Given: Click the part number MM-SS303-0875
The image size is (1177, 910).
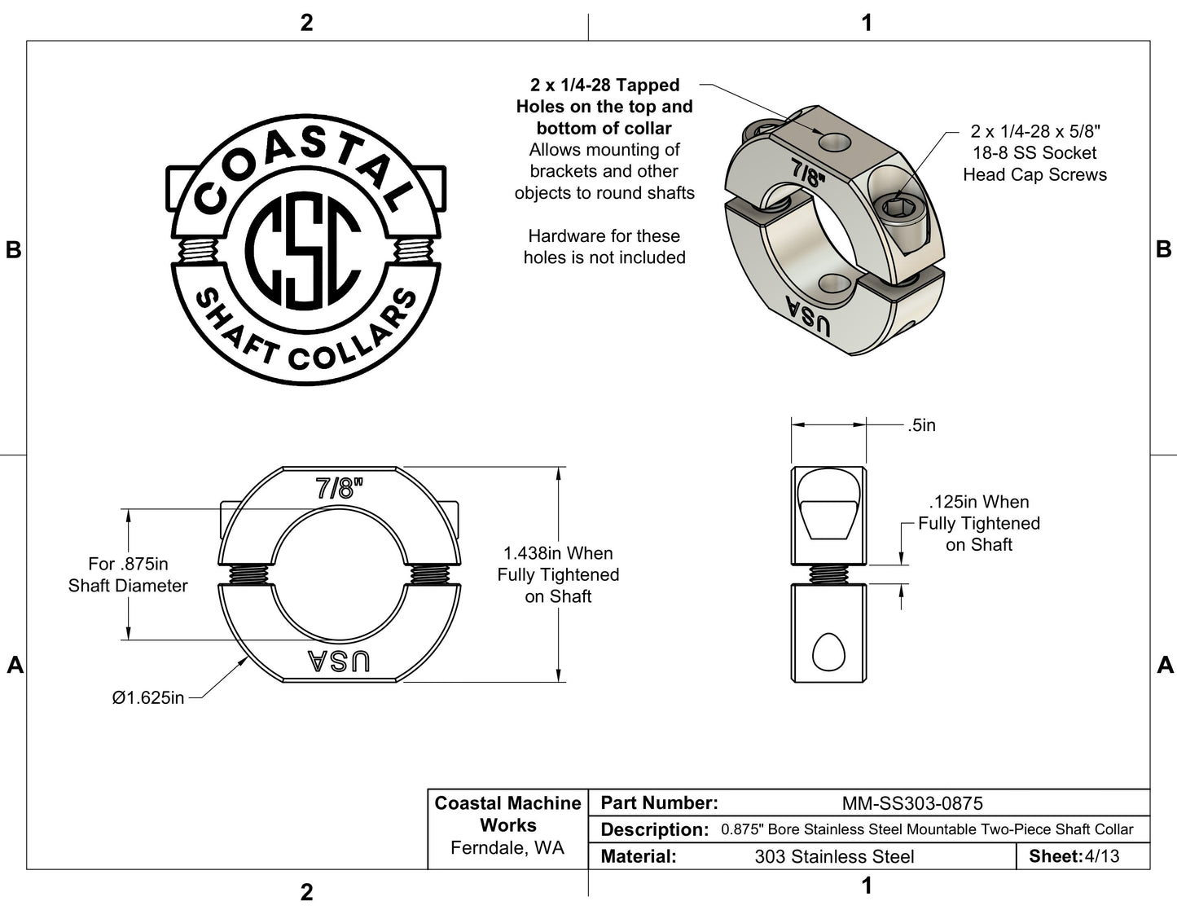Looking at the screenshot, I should click(911, 803).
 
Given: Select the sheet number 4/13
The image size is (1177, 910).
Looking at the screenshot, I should click(1101, 856).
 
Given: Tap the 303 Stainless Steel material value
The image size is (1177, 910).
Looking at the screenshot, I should click(834, 857).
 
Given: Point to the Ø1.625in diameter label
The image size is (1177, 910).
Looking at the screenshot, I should click(147, 697).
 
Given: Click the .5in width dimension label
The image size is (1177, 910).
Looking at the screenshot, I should click(921, 425).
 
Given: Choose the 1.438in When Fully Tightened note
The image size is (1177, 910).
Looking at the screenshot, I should click(558, 574).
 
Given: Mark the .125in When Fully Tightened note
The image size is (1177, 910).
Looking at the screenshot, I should click(978, 523).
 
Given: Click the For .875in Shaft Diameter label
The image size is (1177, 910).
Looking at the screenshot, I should click(128, 574).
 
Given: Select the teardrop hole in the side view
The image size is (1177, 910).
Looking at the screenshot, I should click(828, 650).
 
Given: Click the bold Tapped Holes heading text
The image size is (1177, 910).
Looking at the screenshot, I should click(604, 106).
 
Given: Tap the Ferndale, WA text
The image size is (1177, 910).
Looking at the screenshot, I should click(507, 848).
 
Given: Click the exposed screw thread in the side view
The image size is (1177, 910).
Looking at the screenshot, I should click(828, 574).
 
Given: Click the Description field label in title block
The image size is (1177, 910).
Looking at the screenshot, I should click(654, 830).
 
